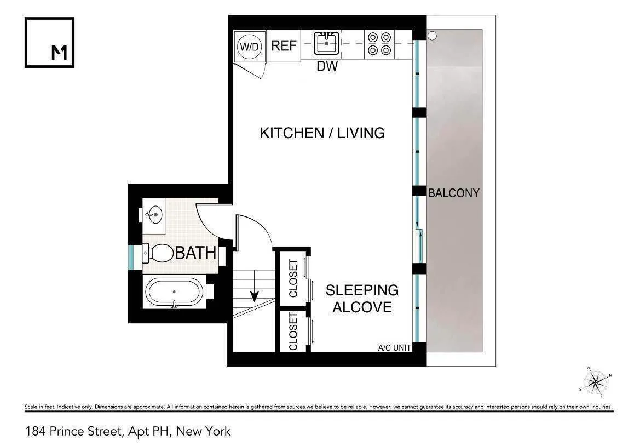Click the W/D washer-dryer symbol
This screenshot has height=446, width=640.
(249, 47)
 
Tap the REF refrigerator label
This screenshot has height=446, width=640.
(284, 45)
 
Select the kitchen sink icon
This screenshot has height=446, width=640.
(327, 43)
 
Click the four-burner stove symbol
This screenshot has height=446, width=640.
(379, 43)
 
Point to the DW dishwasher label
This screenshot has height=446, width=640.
(327, 67)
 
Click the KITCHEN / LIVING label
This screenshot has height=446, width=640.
(322, 133)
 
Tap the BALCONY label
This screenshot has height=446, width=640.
(453, 193)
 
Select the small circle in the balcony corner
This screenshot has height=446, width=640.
(432, 36)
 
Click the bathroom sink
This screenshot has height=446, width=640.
(154, 214)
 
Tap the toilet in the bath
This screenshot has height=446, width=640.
(158, 253)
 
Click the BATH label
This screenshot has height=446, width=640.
(195, 254)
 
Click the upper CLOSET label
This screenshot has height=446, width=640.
(293, 278)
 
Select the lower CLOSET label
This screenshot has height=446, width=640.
(293, 331)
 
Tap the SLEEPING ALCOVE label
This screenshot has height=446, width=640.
(362, 299)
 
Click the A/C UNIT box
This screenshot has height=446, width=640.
(394, 347)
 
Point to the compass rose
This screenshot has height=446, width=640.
(595, 381)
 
